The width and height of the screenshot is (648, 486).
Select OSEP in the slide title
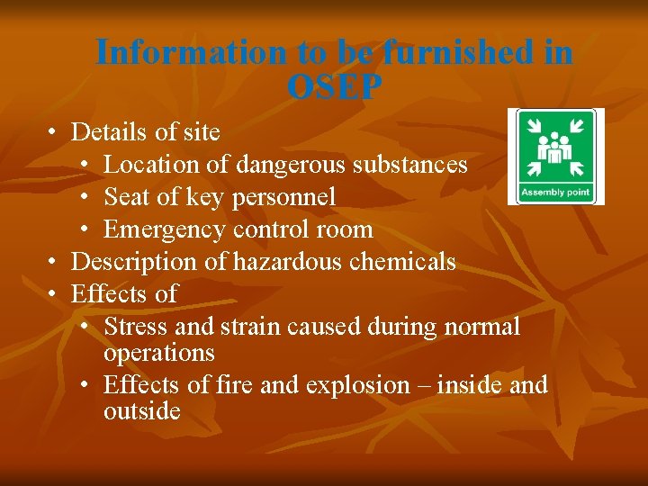[x=334, y=86]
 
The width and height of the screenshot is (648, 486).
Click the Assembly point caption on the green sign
[x=555, y=191]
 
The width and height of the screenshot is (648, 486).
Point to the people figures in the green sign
[x=555, y=148]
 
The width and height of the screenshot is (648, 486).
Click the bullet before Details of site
[x=53, y=132]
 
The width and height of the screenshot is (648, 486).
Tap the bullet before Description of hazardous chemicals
[x=53, y=262]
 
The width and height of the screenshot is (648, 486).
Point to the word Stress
[x=132, y=327]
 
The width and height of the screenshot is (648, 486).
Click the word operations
[x=159, y=353]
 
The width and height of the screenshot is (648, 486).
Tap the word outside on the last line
[x=142, y=411]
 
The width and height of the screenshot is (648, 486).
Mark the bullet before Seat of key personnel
[x=85, y=197]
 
